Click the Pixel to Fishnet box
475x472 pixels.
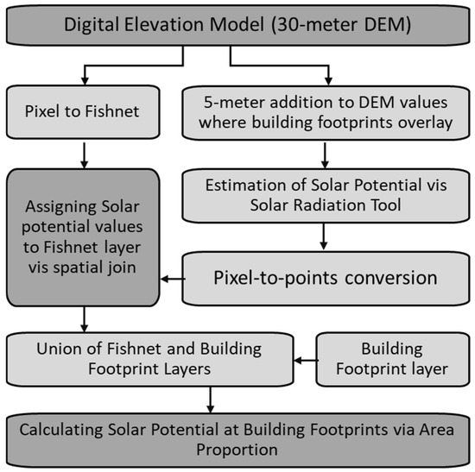pyautogui.click(x=83, y=112)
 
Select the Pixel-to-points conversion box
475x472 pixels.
pyautogui.click(x=326, y=278)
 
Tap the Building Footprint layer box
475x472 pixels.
pyautogui.click(x=393, y=359)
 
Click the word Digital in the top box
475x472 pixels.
pyautogui.click(x=92, y=25)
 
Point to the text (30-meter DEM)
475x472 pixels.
pyautogui.click(x=341, y=25)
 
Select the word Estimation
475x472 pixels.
pyautogui.click(x=245, y=185)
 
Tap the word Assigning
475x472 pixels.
pyautogui.click(x=61, y=208)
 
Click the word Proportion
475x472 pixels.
pyautogui.click(x=237, y=450)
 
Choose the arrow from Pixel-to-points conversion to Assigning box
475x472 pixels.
pyautogui.click(x=173, y=279)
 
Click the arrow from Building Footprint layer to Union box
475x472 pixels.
pyautogui.click(x=306, y=361)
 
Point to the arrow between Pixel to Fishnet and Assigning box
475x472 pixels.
pyautogui.click(x=85, y=155)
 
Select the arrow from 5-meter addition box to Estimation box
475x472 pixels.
pyautogui.click(x=325, y=155)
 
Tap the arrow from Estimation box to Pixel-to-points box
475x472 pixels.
pyautogui.click(x=324, y=236)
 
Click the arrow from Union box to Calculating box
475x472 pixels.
pyautogui.click(x=210, y=400)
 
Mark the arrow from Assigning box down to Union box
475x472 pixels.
pyautogui.click(x=85, y=319)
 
